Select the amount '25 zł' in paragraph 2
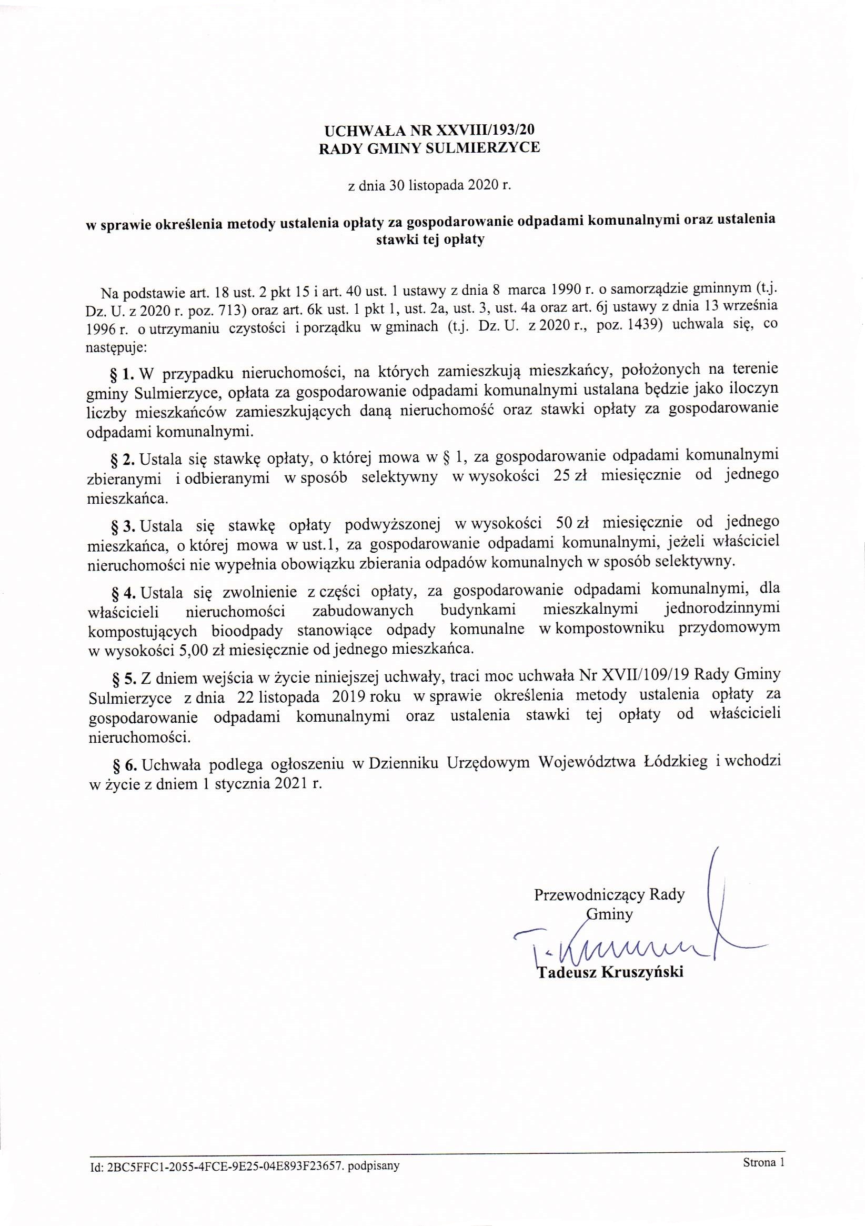570,475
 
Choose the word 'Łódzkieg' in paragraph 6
675,762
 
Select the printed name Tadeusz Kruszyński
610,972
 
